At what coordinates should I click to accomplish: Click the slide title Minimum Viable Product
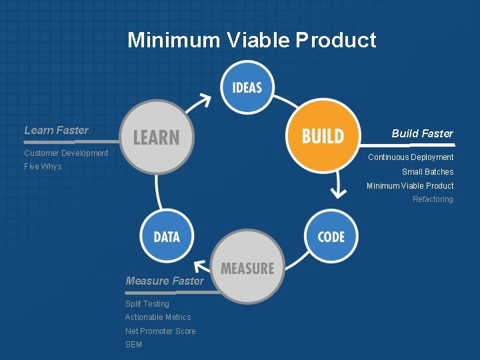click(x=252, y=40)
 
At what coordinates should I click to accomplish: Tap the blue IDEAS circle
click(x=247, y=87)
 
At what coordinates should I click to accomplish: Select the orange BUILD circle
click(x=323, y=137)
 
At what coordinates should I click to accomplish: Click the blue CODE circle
click(x=331, y=237)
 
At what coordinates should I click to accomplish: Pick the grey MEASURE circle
click(x=247, y=269)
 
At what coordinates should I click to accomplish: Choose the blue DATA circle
click(x=167, y=237)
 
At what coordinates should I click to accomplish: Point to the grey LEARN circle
click(x=157, y=137)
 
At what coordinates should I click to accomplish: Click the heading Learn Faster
click(x=56, y=130)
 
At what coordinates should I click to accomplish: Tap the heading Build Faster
click(x=422, y=133)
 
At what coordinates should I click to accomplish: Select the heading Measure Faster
click(x=165, y=281)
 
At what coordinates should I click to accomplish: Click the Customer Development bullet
click(x=66, y=153)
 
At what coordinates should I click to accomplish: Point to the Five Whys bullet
click(x=43, y=167)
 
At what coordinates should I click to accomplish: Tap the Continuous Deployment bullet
click(x=411, y=157)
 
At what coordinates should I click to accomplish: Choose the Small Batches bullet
click(x=427, y=172)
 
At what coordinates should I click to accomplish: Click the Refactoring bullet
click(x=433, y=199)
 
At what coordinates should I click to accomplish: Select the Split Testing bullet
click(x=147, y=304)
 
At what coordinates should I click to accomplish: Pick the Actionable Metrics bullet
click(x=158, y=317)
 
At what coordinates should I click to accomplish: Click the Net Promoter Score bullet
click(x=161, y=331)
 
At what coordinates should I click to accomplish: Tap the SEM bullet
click(x=133, y=345)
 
